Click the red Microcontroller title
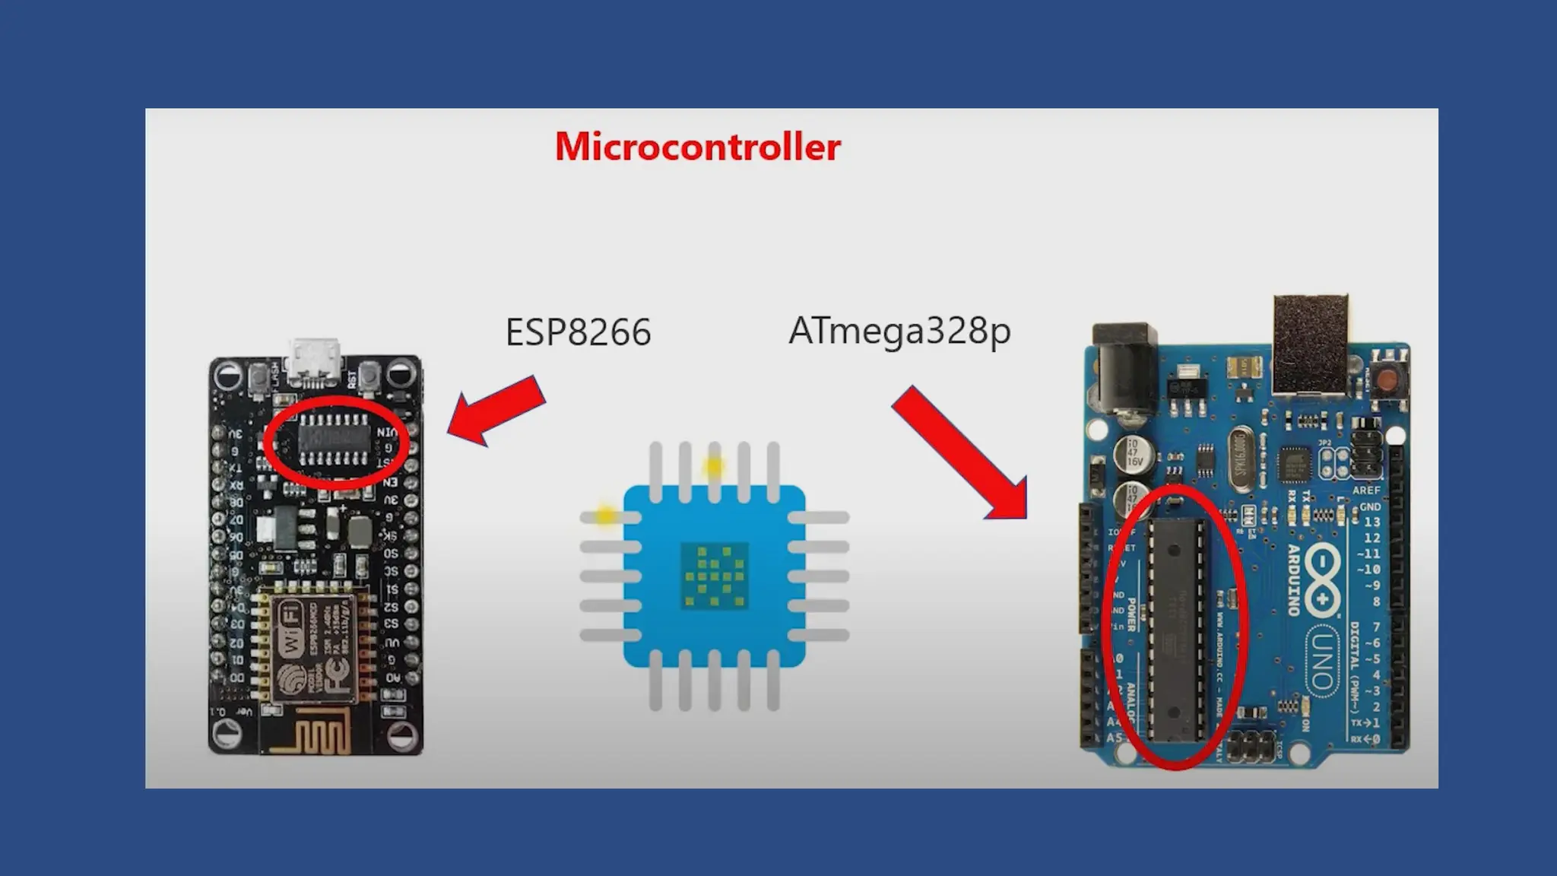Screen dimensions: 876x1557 (697, 147)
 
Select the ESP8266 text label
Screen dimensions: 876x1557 (578, 332)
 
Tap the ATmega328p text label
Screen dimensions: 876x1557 (899, 331)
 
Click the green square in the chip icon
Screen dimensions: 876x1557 (714, 576)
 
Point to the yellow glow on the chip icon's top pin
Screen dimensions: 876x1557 (713, 465)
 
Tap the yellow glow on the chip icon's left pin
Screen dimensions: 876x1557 (605, 516)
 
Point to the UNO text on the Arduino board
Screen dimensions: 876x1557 (1322, 661)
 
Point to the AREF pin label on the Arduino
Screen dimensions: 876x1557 (1365, 490)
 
